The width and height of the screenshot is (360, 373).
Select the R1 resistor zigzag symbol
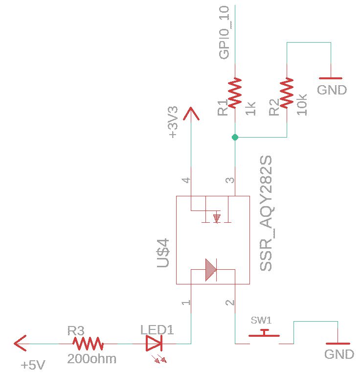(x=235, y=93)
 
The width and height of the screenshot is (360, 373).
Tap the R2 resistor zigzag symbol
(x=286, y=93)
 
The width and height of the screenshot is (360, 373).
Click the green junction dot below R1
(x=235, y=138)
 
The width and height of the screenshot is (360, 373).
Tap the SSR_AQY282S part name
(x=266, y=214)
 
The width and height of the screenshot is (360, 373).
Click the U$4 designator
(x=163, y=252)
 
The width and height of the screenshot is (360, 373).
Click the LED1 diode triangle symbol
(x=154, y=344)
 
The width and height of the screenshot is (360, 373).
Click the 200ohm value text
(x=92, y=359)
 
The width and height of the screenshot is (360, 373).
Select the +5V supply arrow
(x=21, y=344)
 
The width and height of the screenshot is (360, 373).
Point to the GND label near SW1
(x=339, y=354)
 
